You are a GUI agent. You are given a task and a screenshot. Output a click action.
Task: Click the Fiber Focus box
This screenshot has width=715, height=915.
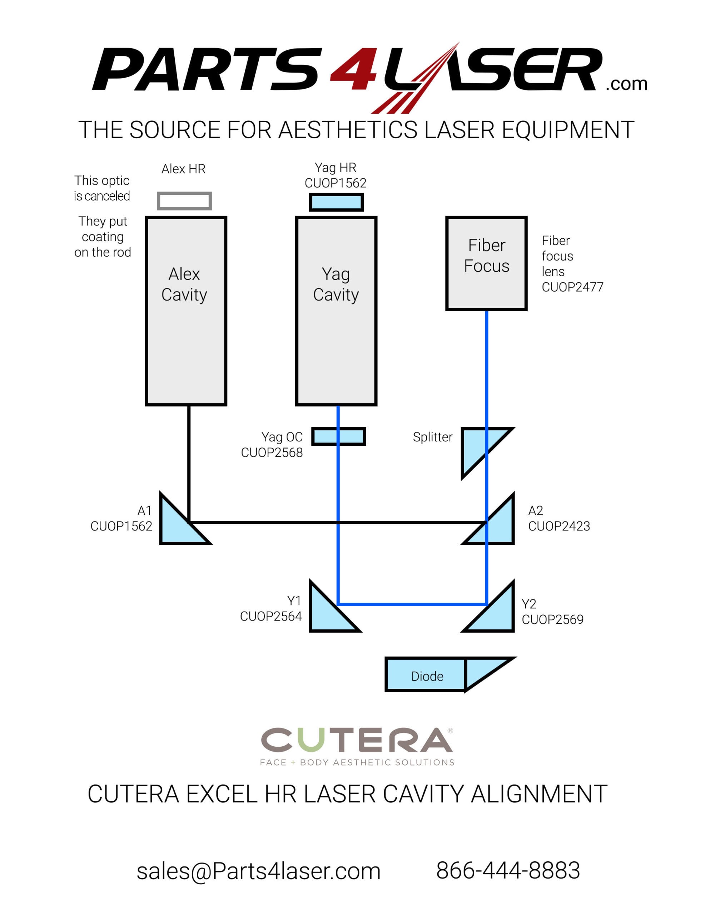coord(486,263)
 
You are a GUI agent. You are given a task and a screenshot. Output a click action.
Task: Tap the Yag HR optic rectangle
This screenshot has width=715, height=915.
coord(336,202)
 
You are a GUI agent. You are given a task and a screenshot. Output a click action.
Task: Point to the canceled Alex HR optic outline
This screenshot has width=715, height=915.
coord(184,201)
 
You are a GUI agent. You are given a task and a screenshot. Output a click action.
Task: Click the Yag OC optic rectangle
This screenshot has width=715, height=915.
coord(338,436)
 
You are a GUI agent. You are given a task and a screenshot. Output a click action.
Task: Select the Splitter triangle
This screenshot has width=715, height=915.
coord(477,446)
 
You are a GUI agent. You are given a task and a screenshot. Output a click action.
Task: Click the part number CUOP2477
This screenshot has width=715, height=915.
coord(572,287)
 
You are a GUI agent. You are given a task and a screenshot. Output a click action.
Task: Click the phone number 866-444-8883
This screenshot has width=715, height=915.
coord(508,870)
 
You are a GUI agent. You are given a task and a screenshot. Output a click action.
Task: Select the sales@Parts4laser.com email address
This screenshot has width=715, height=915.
coord(258,871)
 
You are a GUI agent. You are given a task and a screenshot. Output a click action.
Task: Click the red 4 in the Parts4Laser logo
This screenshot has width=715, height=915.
coord(354,69)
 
